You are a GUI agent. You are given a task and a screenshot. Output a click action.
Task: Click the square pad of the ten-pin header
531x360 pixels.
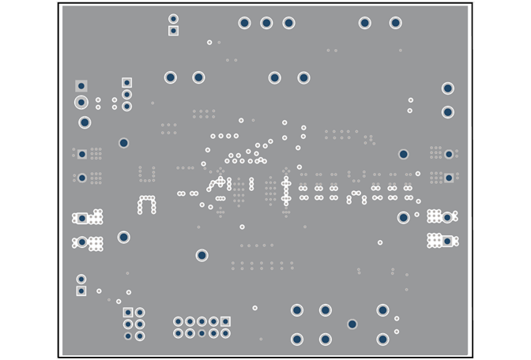click(x=225, y=321)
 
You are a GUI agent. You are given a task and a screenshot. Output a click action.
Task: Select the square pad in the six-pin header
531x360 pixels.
click(x=128, y=313)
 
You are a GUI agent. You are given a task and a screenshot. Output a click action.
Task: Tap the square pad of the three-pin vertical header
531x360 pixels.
click(x=126, y=82)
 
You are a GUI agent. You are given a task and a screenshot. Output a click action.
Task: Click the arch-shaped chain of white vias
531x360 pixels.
click(x=147, y=204)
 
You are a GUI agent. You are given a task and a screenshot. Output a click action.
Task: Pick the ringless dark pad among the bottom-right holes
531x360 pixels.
click(x=352, y=324)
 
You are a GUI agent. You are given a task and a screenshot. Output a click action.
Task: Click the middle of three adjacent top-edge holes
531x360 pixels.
click(x=266, y=23)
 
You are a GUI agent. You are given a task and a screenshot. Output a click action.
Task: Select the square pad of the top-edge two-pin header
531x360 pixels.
click(x=173, y=31)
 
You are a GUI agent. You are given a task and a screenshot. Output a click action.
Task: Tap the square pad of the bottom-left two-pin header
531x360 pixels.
click(x=81, y=291)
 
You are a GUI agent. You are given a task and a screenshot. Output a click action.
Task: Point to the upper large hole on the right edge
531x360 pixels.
click(x=447, y=88)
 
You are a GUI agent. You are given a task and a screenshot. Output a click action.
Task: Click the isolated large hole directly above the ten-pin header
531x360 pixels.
click(x=201, y=255)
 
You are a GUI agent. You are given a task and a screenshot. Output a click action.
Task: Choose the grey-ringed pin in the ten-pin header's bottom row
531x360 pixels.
click(x=201, y=333)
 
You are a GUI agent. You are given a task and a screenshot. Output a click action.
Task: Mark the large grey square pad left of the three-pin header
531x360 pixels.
click(x=81, y=86)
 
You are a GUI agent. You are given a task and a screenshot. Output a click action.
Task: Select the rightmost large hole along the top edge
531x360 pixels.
click(x=395, y=23)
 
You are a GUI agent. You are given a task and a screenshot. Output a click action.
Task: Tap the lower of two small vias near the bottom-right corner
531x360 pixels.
click(x=396, y=332)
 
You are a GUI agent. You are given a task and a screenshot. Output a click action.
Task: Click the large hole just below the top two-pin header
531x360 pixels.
click(x=170, y=77)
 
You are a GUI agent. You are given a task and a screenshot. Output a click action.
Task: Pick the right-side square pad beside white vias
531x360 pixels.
click(x=447, y=241)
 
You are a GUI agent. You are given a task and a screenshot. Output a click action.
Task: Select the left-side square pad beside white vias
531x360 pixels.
click(x=81, y=219)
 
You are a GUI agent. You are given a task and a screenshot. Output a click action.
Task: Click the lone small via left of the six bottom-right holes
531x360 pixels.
click(x=254, y=308)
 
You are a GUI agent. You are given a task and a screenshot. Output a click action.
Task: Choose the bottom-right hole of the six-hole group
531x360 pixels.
click(x=382, y=339)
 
